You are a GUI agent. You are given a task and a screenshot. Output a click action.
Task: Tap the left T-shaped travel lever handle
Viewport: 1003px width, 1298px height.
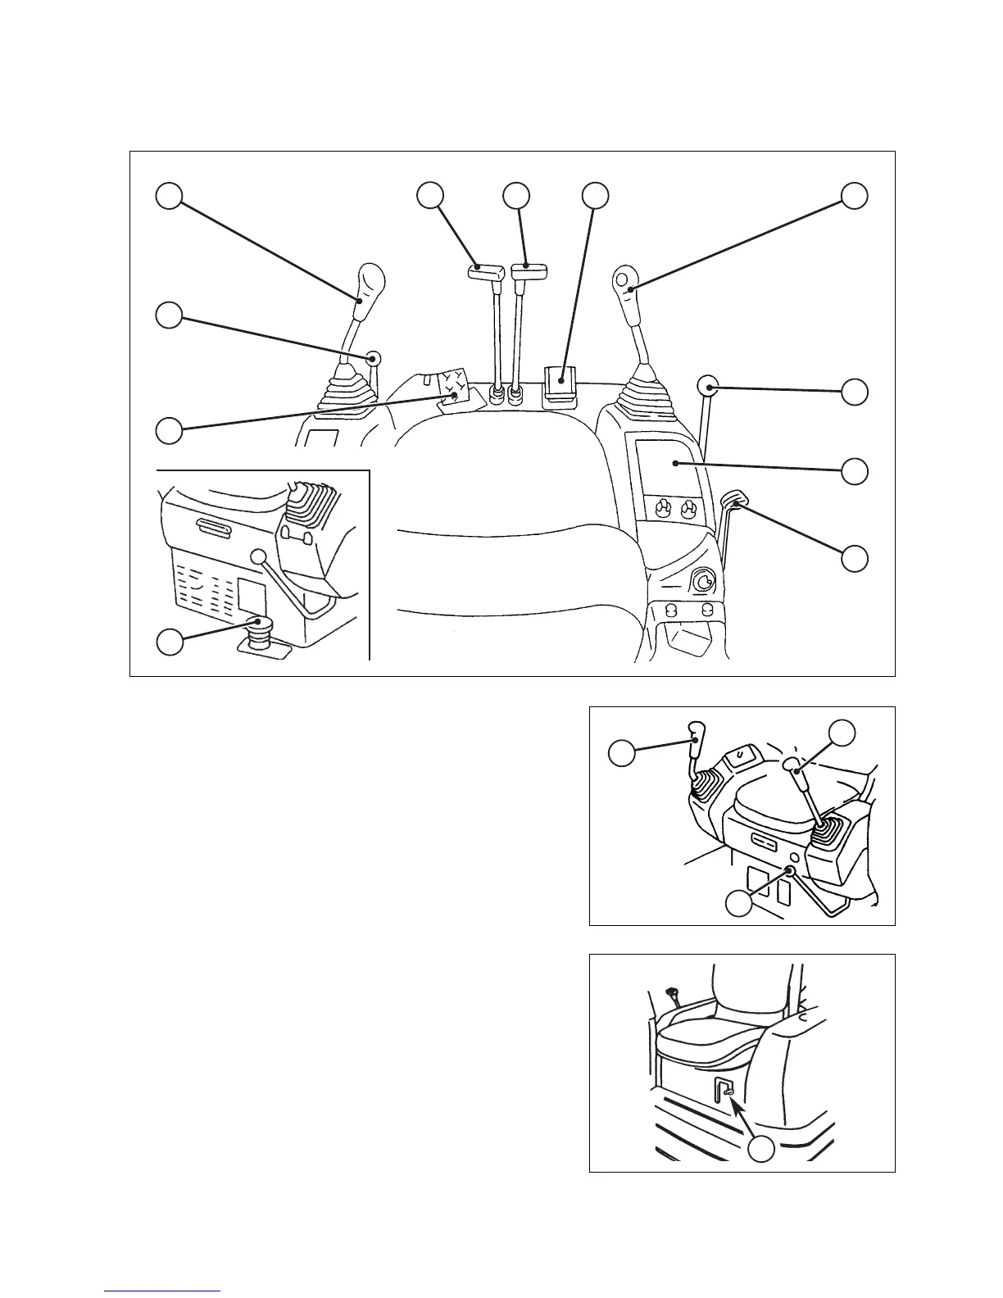coord(485,272)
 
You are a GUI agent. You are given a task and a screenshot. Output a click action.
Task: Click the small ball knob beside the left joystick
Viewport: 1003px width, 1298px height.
coord(374,358)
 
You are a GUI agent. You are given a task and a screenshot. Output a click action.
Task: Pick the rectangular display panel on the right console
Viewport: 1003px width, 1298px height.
coord(665,463)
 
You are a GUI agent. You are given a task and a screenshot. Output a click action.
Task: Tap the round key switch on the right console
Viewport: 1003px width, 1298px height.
coord(702,583)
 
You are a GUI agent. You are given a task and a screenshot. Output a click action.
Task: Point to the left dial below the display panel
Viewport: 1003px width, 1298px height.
coord(660,511)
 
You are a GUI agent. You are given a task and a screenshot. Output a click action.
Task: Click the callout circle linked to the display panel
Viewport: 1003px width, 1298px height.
coord(855,470)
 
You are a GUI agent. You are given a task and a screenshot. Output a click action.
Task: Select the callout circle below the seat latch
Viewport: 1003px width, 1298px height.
coord(761,1150)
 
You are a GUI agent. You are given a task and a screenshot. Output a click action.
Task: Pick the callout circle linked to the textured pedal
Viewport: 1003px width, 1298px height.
coord(170,430)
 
